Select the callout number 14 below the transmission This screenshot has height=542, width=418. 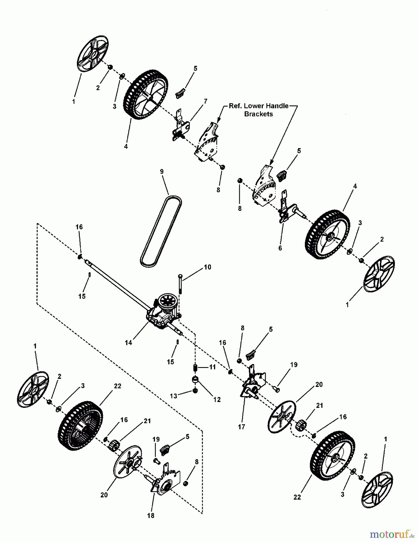coord(128,343)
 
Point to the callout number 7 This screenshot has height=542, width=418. coord(206,101)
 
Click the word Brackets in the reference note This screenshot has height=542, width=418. coord(259,114)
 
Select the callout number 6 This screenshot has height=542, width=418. coord(280,248)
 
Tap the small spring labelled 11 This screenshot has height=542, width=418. coord(195,368)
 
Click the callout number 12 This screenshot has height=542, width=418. coord(217,400)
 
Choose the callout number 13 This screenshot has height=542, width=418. coord(174,396)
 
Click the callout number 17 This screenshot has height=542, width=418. coord(241,427)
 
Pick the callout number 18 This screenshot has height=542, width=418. coord(151,516)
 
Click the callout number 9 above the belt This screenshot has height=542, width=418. coord(162,171)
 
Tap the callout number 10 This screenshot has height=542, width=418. coord(208,267)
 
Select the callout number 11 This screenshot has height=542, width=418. coord(212,367)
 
